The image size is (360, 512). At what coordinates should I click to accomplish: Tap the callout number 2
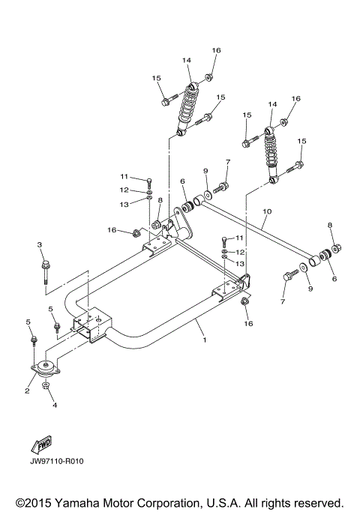pyautogui.click(x=26, y=391)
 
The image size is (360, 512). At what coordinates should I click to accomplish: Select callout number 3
pyautogui.click(x=40, y=245)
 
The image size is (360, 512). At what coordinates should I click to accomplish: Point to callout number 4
pyautogui.click(x=53, y=406)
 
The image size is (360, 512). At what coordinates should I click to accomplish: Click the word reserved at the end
pyautogui.click(x=319, y=502)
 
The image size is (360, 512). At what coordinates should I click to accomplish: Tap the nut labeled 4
pyautogui.click(x=46, y=386)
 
